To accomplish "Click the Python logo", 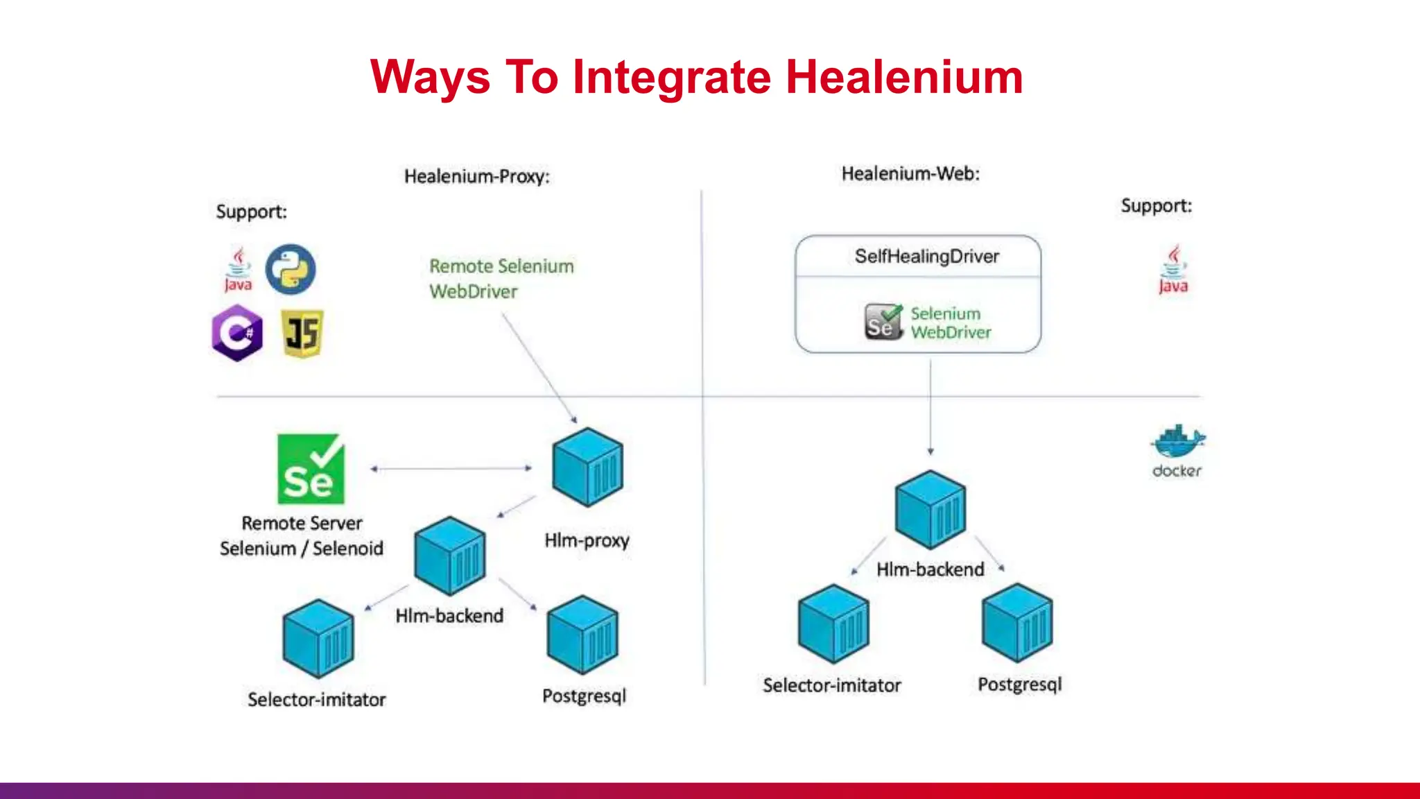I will coord(291,269).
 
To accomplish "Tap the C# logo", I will coord(237,333).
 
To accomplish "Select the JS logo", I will coord(303,334).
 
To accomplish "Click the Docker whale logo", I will coord(1177,442).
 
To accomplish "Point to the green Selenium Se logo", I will coord(311,469).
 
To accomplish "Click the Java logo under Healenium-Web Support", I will coord(1173,269).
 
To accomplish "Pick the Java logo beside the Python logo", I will coord(238,269).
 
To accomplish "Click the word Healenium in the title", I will coord(904,76).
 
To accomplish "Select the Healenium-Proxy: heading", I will coord(477,176).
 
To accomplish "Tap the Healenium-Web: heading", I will coord(910,173).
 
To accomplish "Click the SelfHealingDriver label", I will coord(927,256).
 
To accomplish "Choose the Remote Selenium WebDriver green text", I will coord(501,278).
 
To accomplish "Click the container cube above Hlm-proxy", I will coord(587,467).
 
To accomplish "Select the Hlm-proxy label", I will coord(587,540).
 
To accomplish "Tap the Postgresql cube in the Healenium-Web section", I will coord(1017,622).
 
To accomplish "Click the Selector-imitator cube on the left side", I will coord(318,638).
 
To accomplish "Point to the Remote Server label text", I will coord(302,523).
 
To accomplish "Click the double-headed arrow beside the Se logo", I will coord(451,469).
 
